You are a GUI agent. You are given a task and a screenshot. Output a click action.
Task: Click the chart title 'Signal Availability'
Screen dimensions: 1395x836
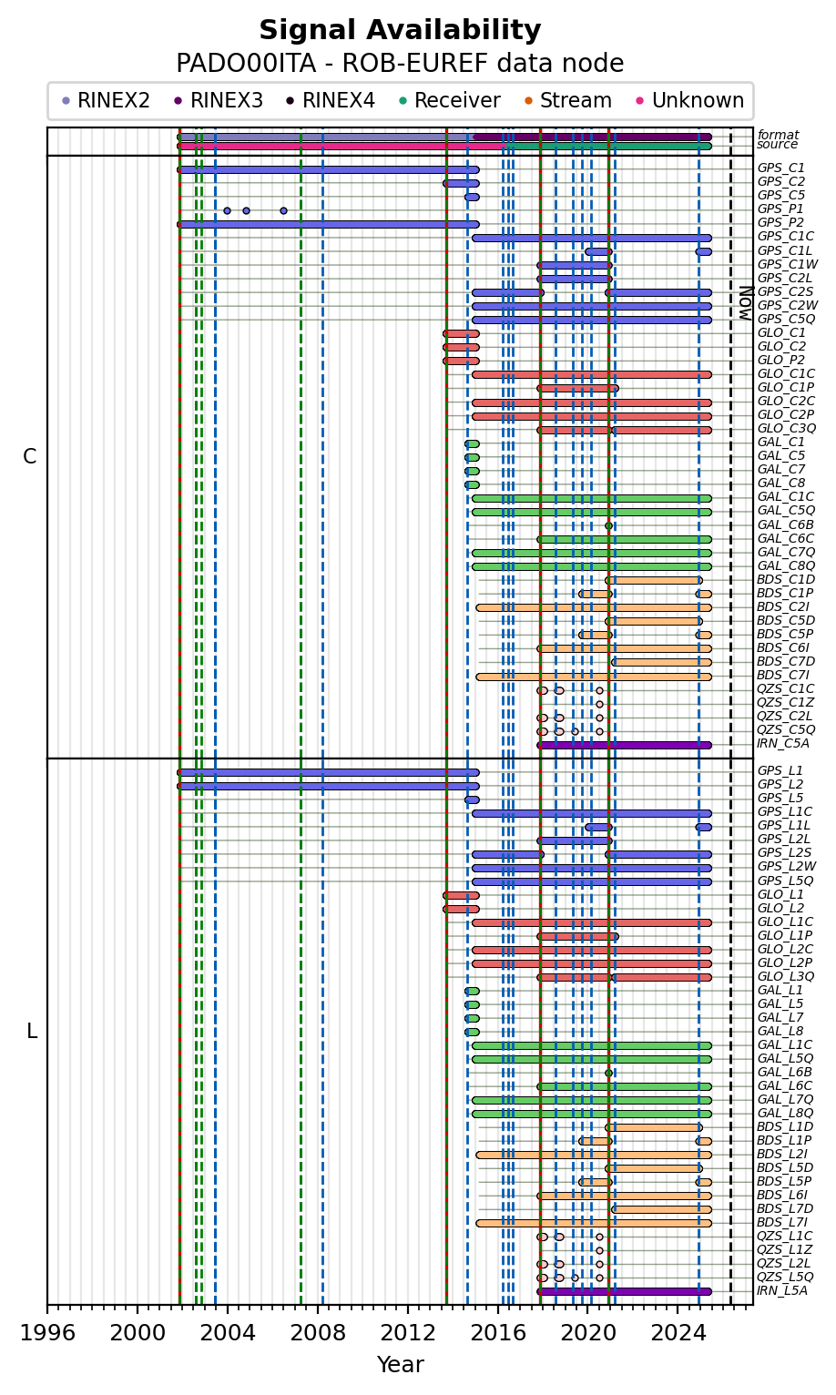click(400, 31)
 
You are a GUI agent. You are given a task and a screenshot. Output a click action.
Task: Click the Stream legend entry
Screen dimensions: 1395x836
click(576, 101)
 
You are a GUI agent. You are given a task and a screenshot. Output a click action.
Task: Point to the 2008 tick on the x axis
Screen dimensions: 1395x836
click(318, 1333)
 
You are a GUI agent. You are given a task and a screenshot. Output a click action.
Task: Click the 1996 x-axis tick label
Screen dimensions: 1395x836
click(47, 1333)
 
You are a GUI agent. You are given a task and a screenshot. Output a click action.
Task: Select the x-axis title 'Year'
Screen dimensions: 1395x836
click(400, 1365)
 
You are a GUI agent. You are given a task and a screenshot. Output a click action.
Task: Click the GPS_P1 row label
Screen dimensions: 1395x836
click(780, 209)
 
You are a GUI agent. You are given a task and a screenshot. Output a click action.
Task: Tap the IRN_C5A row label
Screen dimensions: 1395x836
click(783, 744)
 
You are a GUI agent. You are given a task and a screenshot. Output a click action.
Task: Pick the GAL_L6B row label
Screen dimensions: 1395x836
click(784, 1072)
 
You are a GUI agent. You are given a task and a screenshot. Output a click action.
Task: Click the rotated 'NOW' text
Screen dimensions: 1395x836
click(744, 302)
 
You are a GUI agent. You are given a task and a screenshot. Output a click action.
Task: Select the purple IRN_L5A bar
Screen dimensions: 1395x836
click(625, 1291)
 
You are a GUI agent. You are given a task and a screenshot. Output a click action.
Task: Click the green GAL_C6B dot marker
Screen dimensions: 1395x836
click(608, 525)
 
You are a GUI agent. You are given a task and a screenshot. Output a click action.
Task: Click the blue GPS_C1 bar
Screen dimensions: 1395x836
click(328, 169)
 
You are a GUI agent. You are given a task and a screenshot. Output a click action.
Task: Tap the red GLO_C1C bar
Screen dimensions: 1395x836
click(592, 374)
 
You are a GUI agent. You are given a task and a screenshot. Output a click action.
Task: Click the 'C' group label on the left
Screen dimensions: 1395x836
click(30, 457)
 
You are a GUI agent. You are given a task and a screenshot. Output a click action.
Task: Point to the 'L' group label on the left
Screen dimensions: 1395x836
click(31, 1032)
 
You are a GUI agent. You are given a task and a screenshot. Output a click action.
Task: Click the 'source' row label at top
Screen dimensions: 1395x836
click(777, 145)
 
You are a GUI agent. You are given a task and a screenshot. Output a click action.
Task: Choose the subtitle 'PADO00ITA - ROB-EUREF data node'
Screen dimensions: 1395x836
click(400, 64)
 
